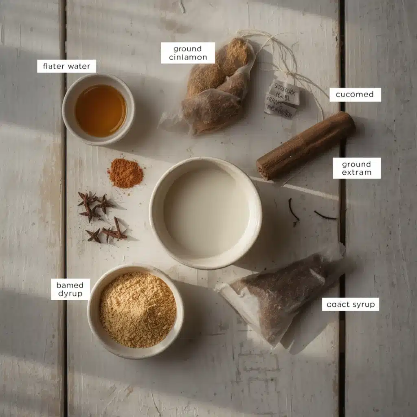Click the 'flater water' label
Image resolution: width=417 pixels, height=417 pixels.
tap(66, 66)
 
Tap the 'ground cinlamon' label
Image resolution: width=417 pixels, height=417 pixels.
tap(188, 53)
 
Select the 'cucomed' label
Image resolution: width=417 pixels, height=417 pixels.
tap(355, 94)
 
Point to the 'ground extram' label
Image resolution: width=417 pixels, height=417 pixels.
tap(356, 168)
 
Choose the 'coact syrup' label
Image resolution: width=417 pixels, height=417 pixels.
tap(350, 304)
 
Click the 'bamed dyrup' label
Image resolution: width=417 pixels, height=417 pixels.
tap(70, 289)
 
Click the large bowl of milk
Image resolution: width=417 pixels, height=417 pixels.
tap(205, 213)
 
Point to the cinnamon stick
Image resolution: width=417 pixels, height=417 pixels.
tap(305, 145)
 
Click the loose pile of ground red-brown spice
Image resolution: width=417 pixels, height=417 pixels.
tap(125, 173)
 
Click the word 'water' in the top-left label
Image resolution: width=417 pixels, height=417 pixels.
tap(79, 66)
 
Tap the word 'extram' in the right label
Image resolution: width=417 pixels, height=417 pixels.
tap(356, 172)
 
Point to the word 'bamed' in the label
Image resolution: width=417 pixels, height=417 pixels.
tap(70, 285)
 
